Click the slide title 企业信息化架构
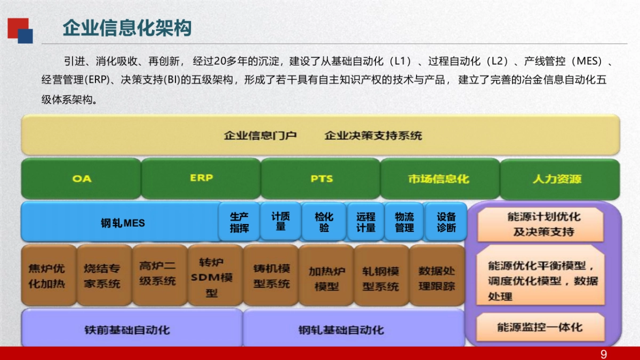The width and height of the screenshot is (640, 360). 127,28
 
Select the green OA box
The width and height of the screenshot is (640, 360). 82,179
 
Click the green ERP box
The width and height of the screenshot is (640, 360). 201,178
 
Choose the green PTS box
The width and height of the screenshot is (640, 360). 321,179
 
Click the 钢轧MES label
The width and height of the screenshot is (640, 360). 123,223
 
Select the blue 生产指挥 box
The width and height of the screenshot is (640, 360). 239,222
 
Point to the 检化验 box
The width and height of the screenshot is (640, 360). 324,222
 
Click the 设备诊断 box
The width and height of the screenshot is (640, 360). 446,222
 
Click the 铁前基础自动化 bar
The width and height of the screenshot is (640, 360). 127,330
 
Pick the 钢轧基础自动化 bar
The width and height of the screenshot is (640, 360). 341,330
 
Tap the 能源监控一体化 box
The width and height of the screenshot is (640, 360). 540,327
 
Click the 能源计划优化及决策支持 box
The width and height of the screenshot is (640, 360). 540,224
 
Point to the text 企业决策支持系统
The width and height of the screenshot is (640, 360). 373,135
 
